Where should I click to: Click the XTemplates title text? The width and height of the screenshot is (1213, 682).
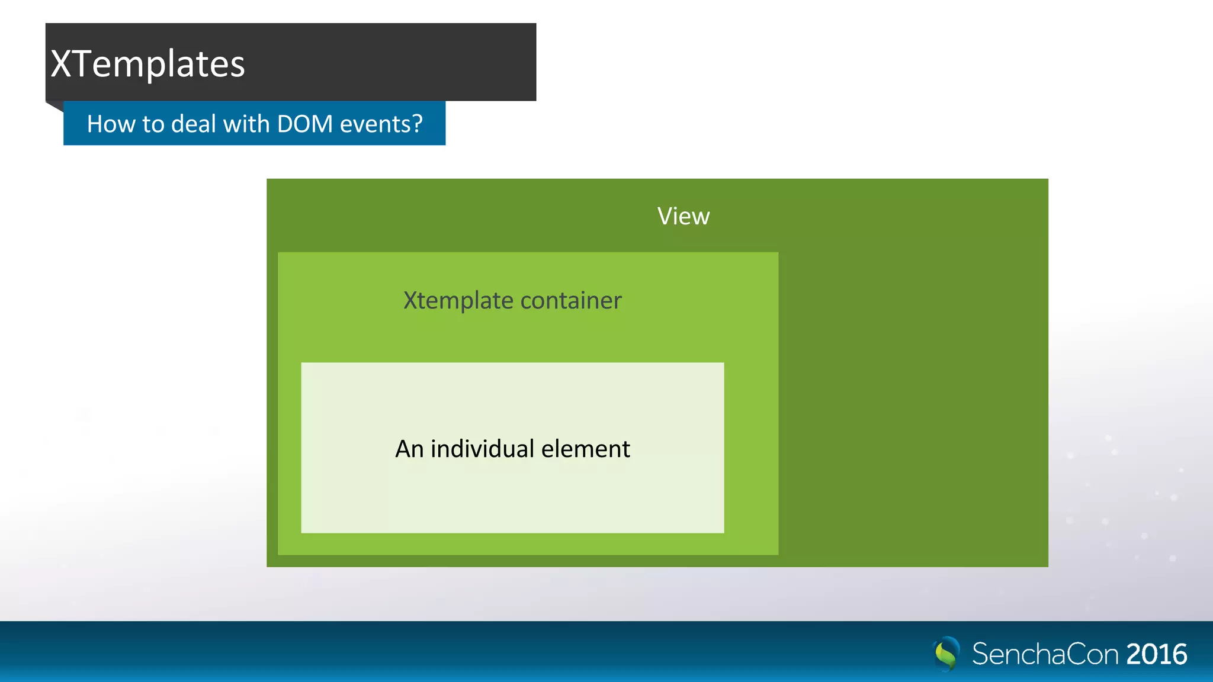pyautogui.click(x=147, y=64)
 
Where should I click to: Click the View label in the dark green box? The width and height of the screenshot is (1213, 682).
pyautogui.click(x=683, y=217)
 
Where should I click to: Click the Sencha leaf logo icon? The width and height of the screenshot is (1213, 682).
pyautogui.click(x=946, y=654)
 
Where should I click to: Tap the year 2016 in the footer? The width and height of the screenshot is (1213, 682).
pyautogui.click(x=1156, y=654)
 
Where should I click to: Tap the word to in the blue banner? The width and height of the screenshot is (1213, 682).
pyautogui.click(x=153, y=124)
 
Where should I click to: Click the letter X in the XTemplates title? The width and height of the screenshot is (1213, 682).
pyautogui.click(x=62, y=64)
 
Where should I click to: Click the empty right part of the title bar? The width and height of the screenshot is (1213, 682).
pyautogui.click(x=415, y=62)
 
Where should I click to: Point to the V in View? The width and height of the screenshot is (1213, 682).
pyautogui.click(x=665, y=217)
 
